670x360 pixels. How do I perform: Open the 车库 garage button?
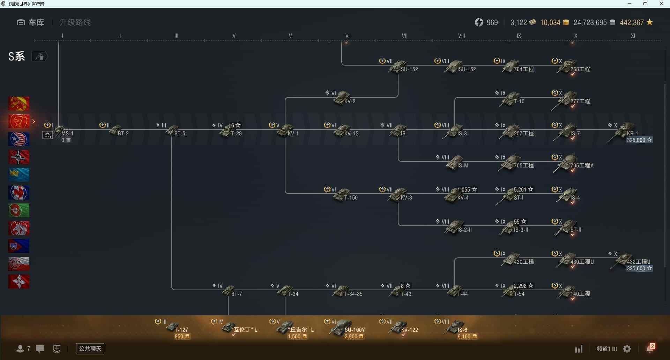[x=30, y=22]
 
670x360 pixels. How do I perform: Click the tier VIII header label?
[x=461, y=36]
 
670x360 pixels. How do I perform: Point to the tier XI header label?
[x=633, y=36]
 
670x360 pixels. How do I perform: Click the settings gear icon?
[x=627, y=349]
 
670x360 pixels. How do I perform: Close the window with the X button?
[x=661, y=4]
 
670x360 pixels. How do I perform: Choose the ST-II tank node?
[x=567, y=227]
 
